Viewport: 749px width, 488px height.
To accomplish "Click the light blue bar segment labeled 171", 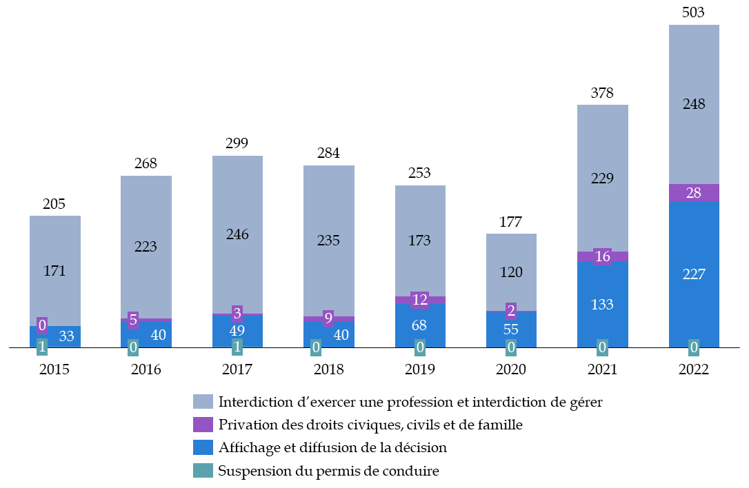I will tap(55, 270).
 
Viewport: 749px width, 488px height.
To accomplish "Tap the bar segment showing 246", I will tap(237, 234).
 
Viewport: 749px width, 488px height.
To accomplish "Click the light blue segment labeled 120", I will tap(511, 272).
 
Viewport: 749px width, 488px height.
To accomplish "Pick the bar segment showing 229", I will tap(602, 178).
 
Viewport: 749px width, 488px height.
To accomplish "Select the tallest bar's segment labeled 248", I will tap(694, 103).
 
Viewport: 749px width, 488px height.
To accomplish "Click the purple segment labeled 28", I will tap(694, 193).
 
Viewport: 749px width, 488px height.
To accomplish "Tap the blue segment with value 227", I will tap(694, 274).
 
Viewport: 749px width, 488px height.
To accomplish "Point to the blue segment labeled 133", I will tap(602, 304).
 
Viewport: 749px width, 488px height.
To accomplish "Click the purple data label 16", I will tap(602, 256).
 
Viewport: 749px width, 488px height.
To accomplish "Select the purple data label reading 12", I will tap(420, 300).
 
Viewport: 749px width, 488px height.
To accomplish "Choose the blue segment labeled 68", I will tap(420, 325).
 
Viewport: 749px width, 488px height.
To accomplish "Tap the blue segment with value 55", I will tap(511, 329).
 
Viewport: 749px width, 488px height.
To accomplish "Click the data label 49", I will tap(237, 330).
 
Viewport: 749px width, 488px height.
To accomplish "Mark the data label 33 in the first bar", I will tap(66, 336).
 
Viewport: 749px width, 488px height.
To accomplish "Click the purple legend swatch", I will tap(203, 425).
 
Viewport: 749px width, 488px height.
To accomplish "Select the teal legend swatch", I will tap(203, 470).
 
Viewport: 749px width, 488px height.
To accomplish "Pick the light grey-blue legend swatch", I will tap(203, 402).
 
